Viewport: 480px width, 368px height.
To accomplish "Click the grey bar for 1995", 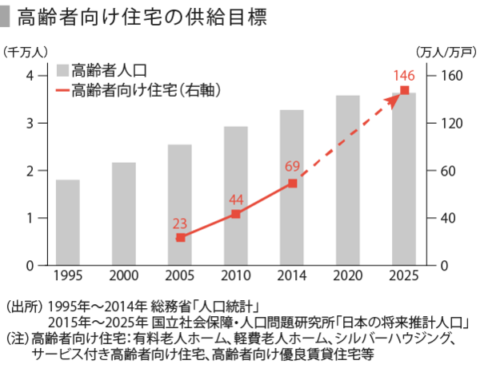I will pos(67,222).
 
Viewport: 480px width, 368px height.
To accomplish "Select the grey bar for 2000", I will pos(123,213).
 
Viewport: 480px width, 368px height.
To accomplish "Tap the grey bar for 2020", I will pos(347,180).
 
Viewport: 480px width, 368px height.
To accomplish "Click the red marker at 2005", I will pos(180,238).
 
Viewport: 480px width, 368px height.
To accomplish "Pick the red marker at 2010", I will pos(235,214).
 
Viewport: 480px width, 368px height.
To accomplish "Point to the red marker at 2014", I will pos(292,184).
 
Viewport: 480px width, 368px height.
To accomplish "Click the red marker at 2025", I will pos(404,90).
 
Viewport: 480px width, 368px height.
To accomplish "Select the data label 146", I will pos(404,75).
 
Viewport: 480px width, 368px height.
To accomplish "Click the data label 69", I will pos(292,167).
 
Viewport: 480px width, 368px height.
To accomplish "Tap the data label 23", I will pos(180,223).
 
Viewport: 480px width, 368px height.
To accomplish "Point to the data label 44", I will pos(235,199).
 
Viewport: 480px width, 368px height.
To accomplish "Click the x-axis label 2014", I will pos(292,275).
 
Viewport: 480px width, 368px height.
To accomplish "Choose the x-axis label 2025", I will pos(404,275).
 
